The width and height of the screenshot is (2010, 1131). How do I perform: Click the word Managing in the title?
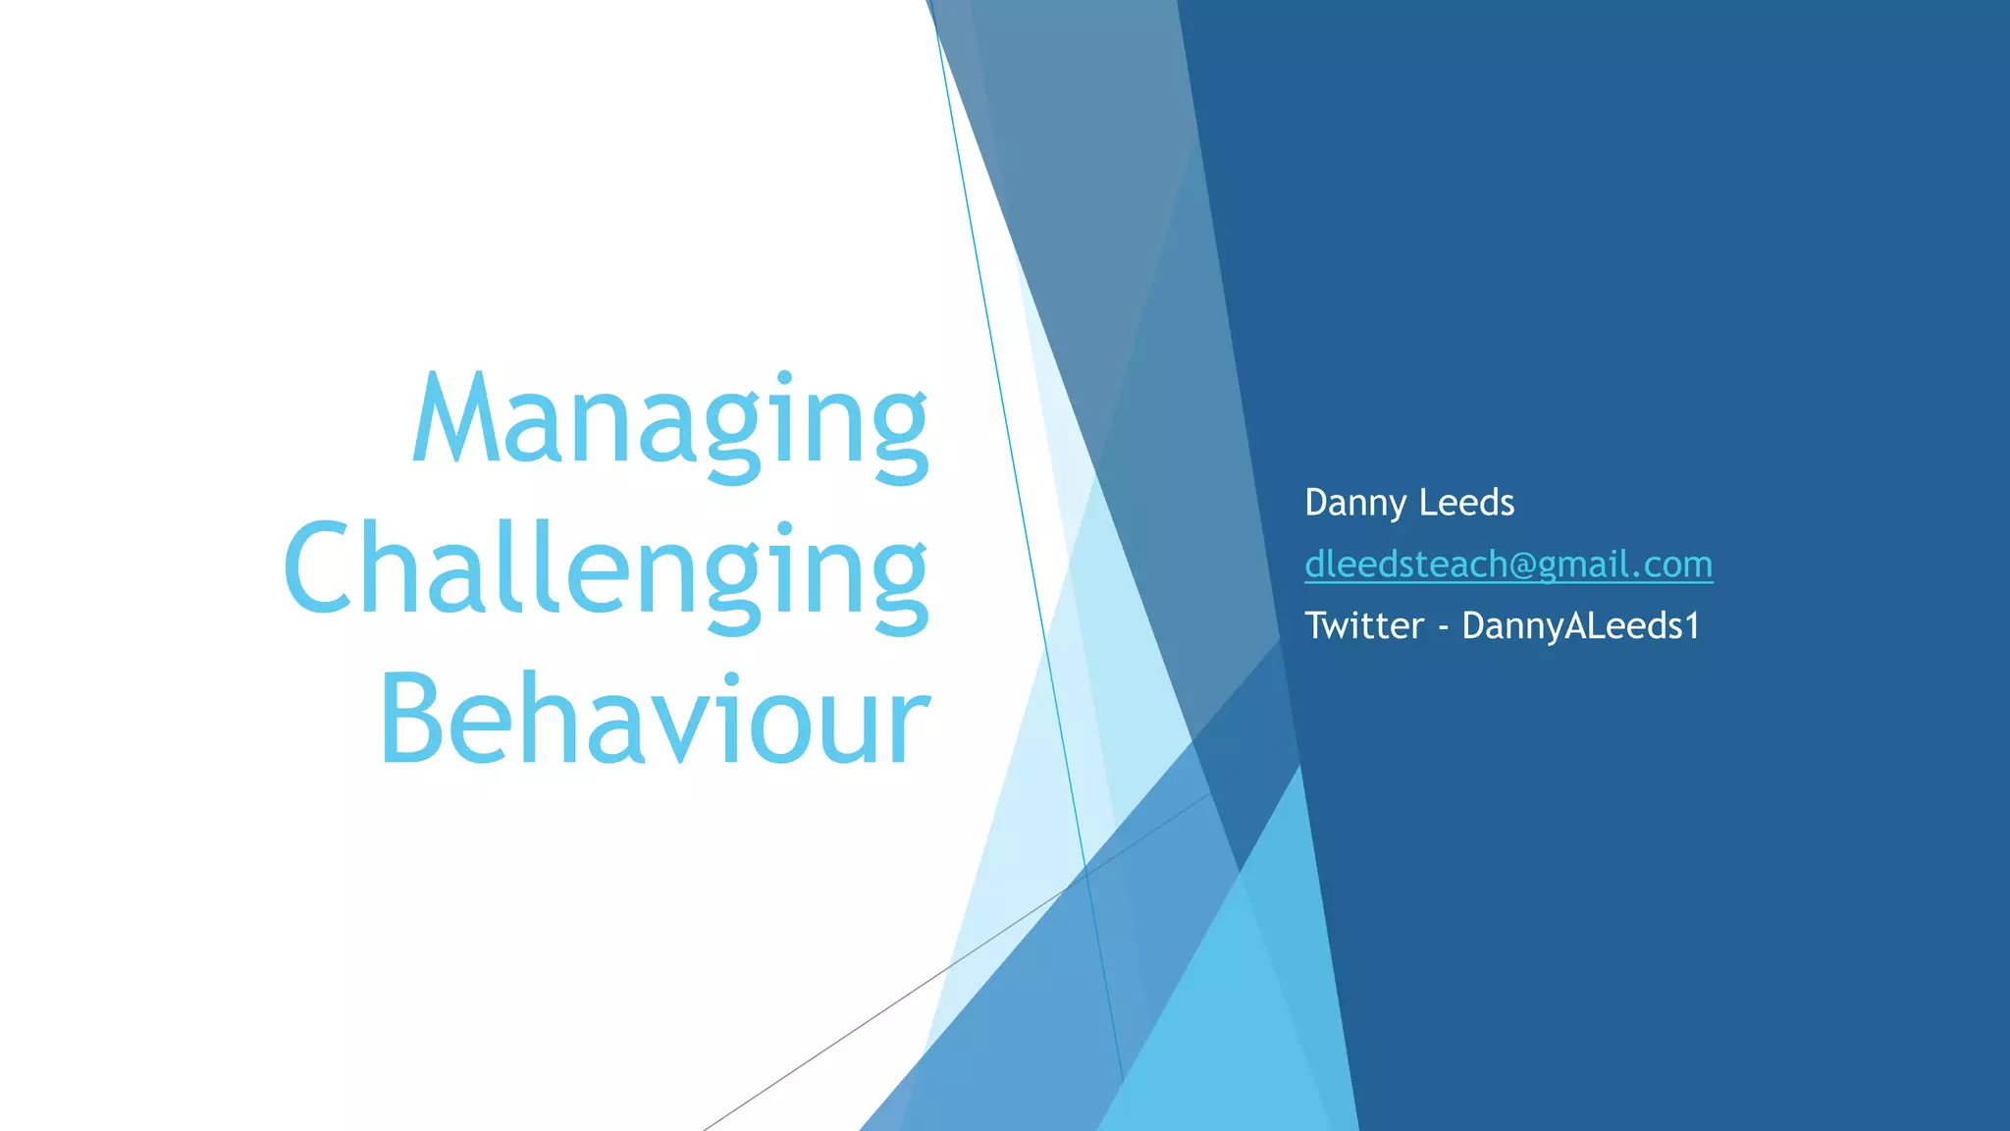[670, 422]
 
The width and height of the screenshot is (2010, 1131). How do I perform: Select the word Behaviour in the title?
[655, 720]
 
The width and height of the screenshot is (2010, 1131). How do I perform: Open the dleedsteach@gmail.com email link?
[1508, 565]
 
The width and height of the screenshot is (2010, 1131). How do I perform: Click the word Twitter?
[1364, 625]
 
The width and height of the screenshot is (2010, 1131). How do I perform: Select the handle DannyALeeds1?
[1580, 625]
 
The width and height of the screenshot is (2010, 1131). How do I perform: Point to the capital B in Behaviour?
[413, 719]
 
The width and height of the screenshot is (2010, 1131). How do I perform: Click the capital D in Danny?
[1316, 503]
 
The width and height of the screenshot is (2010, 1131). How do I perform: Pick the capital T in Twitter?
[1317, 625]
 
